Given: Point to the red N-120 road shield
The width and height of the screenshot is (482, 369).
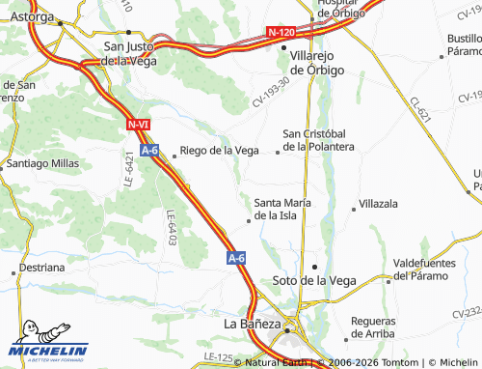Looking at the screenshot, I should point(281,33).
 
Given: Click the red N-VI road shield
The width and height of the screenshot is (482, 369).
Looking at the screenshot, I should point(138,125).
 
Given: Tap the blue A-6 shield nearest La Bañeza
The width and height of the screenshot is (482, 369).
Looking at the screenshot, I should point(237,258).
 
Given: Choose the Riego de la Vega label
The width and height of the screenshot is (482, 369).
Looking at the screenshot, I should point(220,151).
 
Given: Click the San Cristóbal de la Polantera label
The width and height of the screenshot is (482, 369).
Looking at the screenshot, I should point(318,140).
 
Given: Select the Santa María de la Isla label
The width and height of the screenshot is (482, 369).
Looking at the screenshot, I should point(282,209).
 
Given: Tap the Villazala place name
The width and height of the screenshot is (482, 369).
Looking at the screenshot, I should point(378,205).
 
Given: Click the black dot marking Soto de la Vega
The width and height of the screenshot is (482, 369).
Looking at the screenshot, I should point(313,266).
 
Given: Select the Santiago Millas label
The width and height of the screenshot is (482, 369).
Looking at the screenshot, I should point(43,164).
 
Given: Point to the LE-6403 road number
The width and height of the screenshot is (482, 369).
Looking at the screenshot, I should point(172,227).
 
